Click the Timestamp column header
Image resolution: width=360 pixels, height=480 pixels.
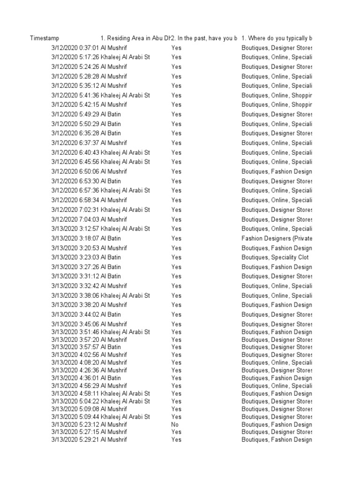45,38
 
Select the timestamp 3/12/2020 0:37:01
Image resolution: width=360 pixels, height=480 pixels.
75,48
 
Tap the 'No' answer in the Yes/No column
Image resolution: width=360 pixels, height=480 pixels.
175,424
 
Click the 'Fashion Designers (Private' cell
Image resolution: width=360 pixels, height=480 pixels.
277,238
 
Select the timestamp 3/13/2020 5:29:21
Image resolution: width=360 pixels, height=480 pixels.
75,440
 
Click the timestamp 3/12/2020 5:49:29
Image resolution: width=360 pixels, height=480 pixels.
75,114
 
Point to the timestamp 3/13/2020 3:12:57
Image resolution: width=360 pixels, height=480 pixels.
75,229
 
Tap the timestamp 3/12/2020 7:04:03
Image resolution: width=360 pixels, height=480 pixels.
75,219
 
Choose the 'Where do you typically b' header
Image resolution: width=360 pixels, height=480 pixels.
277,38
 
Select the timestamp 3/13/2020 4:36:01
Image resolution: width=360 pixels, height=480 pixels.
75,378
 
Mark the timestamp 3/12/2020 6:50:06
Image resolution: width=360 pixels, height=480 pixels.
75,172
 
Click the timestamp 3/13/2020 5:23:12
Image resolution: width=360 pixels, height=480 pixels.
75,424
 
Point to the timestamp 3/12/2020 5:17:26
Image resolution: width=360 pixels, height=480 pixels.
75,57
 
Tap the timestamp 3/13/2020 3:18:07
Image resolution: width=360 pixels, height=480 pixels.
75,238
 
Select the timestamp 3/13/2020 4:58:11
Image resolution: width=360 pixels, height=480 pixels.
75,393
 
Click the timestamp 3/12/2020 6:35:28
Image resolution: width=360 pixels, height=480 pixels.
75,133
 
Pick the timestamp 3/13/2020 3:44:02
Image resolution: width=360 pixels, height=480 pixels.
75,315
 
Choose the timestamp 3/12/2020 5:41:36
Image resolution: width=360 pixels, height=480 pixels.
75,95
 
